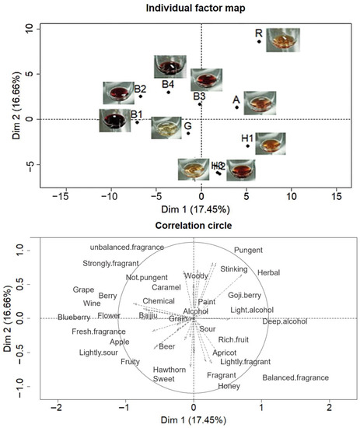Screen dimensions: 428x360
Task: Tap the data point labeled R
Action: point(260,41)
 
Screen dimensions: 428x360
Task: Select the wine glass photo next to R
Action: point(282,40)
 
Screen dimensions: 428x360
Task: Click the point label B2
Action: point(140,89)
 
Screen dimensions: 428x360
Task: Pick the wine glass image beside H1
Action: point(270,143)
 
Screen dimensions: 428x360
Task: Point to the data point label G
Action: point(187,125)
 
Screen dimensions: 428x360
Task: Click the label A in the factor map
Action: point(236,100)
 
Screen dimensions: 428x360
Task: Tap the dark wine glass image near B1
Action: point(115,121)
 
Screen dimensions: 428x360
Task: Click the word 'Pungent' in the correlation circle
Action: point(248,251)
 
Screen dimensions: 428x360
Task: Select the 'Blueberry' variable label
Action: point(74,317)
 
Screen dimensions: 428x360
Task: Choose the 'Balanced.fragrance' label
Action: point(295,378)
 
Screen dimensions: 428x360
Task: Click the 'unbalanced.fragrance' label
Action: point(127,247)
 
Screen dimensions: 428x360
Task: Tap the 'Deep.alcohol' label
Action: point(285,321)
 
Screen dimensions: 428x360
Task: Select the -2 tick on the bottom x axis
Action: point(57,408)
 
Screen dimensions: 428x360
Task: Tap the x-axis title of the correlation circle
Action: point(193,420)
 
